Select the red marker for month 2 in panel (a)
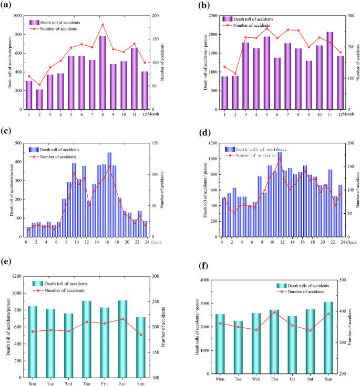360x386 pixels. [x=39, y=85]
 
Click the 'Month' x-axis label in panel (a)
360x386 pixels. [x=154, y=114]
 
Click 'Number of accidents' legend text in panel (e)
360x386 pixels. [x=67, y=290]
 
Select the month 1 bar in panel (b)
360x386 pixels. [x=225, y=92]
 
